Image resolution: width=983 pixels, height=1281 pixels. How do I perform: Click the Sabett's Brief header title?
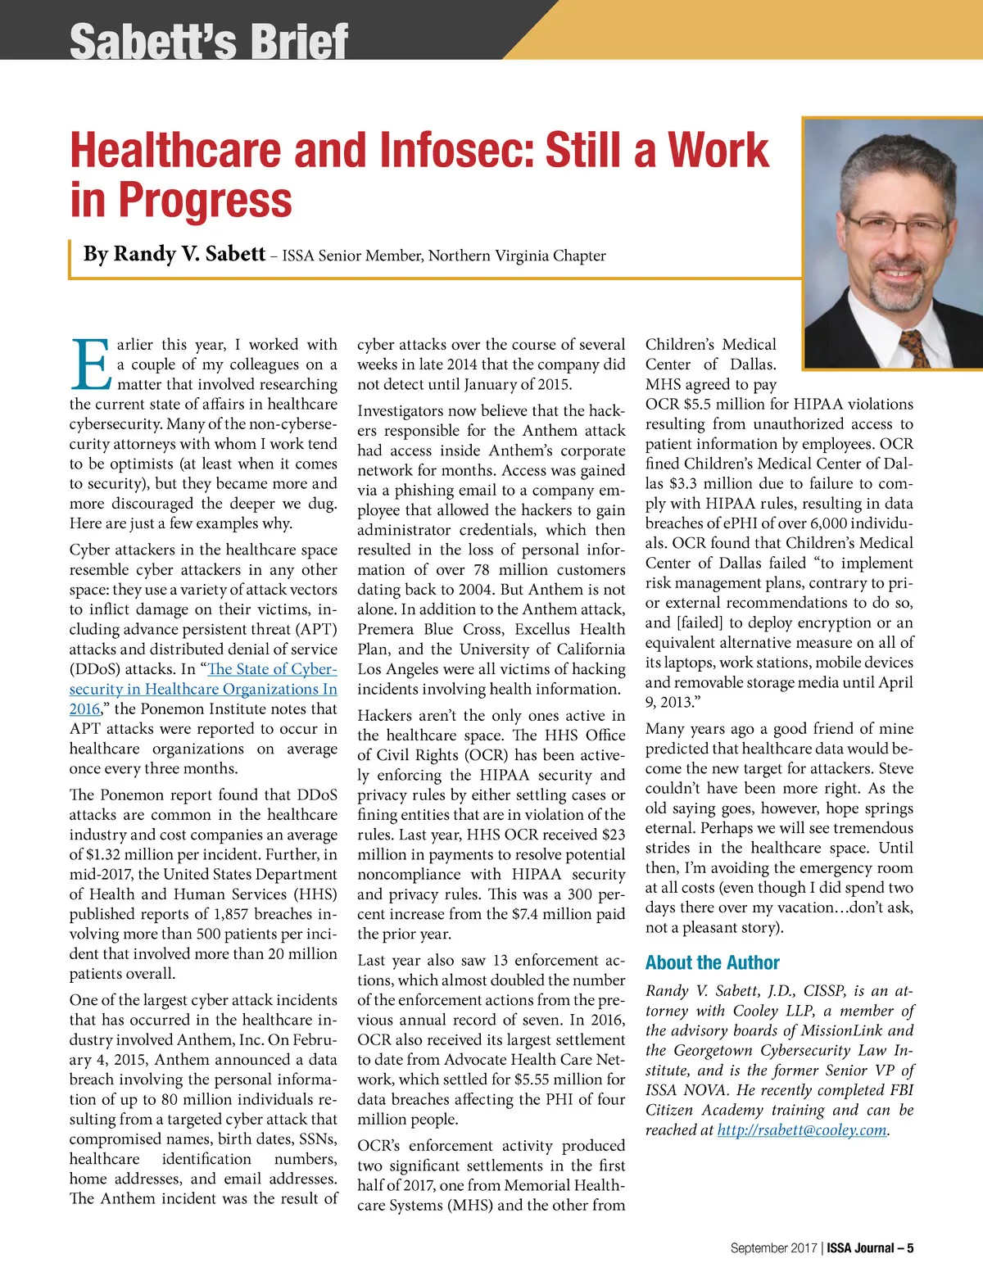coord(209,41)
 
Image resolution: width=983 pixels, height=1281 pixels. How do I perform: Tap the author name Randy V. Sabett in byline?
coord(174,254)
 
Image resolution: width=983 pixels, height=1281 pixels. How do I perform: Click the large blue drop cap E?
coord(89,364)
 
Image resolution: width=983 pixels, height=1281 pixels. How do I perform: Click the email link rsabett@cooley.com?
coord(802,1130)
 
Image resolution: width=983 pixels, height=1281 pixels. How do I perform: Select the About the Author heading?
coord(712,962)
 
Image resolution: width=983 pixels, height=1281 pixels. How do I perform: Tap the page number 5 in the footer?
coord(910,1248)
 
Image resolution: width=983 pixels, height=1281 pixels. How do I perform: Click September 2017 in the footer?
coord(773,1248)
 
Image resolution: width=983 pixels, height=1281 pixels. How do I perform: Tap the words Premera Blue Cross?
coord(429,629)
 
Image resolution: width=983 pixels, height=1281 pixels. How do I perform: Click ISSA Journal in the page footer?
coord(859,1248)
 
